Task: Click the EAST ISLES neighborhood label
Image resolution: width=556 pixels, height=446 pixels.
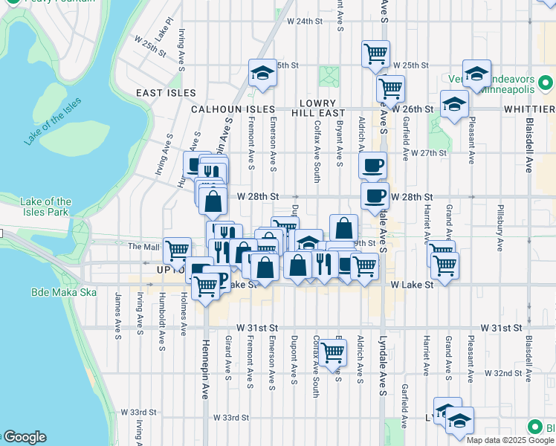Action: tap(167, 93)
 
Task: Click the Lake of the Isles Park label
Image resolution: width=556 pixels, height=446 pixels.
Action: tap(46, 207)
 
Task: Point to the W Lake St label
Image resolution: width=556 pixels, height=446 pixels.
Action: tap(406, 285)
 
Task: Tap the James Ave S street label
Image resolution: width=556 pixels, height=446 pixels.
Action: tap(117, 311)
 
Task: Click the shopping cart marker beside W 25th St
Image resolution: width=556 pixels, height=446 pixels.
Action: tap(375, 53)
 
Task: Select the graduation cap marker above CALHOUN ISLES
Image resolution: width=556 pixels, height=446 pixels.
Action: tap(261, 72)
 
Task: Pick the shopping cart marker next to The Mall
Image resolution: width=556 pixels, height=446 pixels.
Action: tap(177, 250)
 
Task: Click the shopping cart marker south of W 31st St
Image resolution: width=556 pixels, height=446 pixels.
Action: tap(334, 351)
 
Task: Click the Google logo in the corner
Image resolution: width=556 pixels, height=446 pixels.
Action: tap(25, 437)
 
